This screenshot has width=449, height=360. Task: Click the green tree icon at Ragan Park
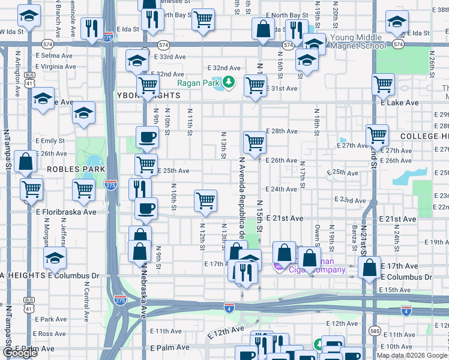(228, 82)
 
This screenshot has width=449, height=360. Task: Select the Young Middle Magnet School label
(358, 41)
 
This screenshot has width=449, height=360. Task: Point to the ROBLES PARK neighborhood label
(68, 170)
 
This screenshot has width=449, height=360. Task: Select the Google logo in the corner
(20, 352)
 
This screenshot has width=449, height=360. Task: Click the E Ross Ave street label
(50, 334)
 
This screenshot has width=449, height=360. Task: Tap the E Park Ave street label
(50, 319)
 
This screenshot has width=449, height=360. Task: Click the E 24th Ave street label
(282, 189)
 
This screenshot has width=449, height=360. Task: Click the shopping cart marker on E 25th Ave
(146, 164)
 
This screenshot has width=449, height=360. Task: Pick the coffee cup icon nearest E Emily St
(147, 137)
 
